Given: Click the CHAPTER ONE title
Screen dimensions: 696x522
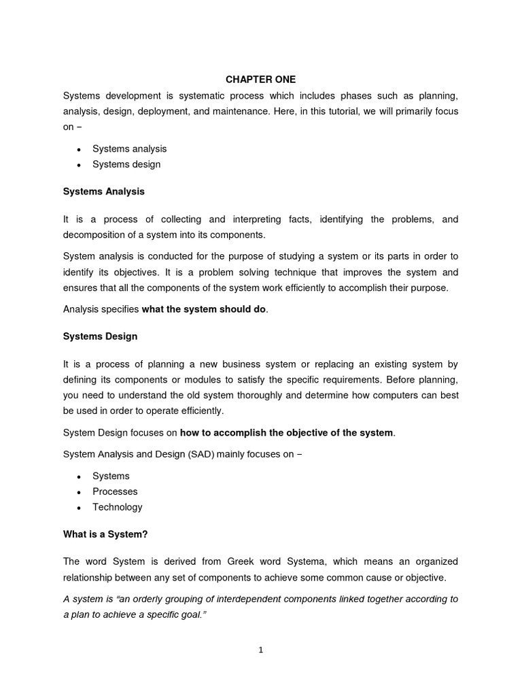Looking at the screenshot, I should click(x=261, y=80).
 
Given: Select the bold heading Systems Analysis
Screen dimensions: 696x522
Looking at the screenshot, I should click(x=104, y=192).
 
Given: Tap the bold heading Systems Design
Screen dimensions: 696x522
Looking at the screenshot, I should click(x=100, y=336).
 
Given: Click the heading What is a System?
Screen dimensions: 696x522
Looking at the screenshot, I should click(x=105, y=534).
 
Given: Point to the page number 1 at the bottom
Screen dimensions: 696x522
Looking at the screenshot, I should click(x=261, y=650).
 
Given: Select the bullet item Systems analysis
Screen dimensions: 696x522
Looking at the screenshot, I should click(x=129, y=149).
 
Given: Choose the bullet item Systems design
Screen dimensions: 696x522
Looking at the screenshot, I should click(x=126, y=164).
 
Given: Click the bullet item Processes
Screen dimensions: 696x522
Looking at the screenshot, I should click(x=115, y=491).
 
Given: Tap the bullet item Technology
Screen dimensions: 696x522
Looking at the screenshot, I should click(x=118, y=507).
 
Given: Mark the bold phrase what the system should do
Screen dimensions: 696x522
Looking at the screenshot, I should click(x=204, y=309).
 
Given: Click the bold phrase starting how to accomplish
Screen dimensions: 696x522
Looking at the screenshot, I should click(x=286, y=432).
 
